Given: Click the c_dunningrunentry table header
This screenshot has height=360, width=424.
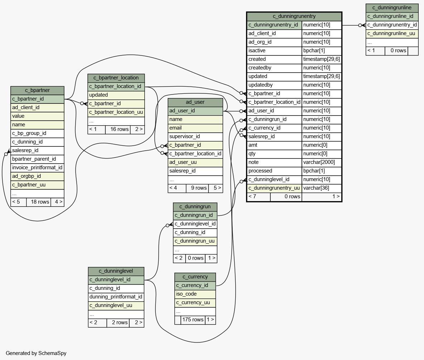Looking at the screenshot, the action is coord(294,16).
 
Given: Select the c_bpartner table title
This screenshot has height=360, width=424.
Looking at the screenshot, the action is coord(37,90).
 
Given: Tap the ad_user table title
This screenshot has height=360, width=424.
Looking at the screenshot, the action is coord(195,102).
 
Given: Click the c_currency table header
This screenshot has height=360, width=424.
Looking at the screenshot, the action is coord(195,277).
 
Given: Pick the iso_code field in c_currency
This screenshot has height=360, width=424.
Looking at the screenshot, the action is coord(186,294).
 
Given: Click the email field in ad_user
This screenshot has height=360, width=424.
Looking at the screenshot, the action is coord(175,128).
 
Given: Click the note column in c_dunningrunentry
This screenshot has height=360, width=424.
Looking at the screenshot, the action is coord(254,162).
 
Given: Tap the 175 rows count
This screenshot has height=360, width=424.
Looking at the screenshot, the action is coord(193,320).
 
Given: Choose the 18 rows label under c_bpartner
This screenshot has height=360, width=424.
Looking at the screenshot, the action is coord(40,202).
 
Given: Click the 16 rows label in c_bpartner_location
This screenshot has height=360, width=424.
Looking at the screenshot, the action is coord(120,129).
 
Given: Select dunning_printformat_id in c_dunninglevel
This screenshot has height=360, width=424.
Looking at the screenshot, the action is coord(116,297).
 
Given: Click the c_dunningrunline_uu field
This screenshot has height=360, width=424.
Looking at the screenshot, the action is coord(391,34).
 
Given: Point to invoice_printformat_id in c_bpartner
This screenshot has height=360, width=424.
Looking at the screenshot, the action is coord(37,167).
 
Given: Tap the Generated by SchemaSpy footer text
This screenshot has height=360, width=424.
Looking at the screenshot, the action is coord(36,353).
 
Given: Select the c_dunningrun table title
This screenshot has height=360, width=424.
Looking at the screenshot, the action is coord(195,207).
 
